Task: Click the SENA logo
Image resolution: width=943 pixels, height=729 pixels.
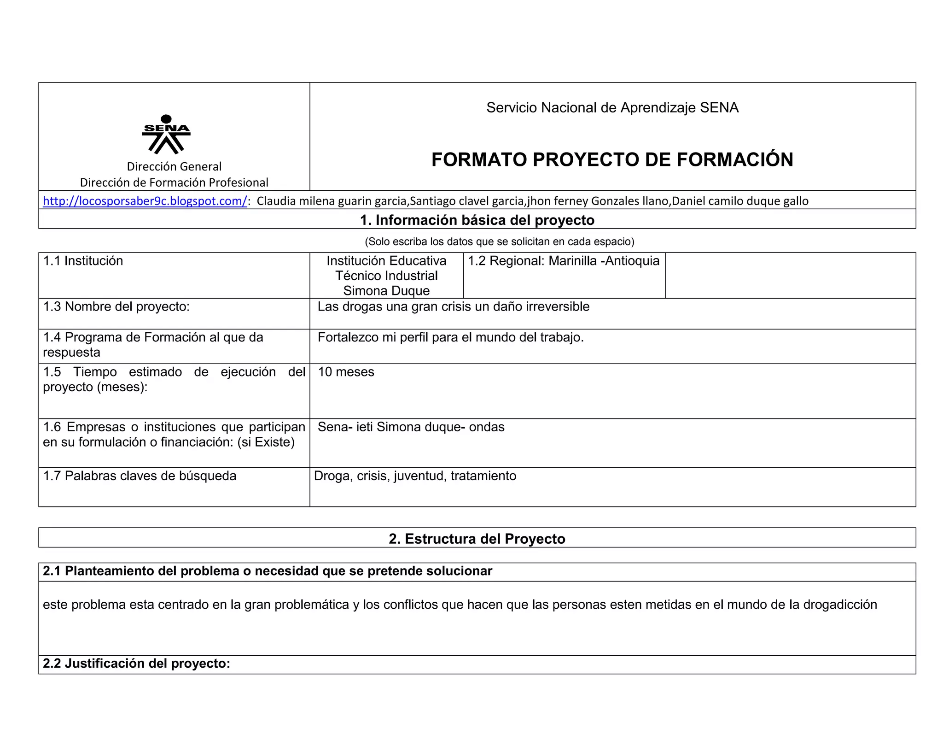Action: pyautogui.click(x=166, y=134)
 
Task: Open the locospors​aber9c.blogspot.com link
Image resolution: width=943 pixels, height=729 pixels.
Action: pyautogui.click(x=145, y=201)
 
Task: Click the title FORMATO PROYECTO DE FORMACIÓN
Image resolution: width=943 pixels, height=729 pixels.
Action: pyautogui.click(x=612, y=159)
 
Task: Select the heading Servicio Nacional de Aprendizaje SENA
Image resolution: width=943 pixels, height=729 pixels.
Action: pyautogui.click(x=612, y=107)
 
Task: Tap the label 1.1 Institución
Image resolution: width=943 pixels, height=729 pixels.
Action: pyautogui.click(x=83, y=261)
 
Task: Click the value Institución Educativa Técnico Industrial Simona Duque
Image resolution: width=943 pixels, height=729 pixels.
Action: pyautogui.click(x=386, y=276)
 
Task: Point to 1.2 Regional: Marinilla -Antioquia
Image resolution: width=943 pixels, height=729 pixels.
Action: pyautogui.click(x=564, y=261)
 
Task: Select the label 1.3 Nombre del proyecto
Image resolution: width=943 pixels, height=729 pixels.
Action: pyautogui.click(x=116, y=306)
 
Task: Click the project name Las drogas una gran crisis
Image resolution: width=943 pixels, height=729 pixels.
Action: pyautogui.click(x=453, y=306)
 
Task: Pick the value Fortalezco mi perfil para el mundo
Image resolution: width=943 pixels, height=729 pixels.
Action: pyautogui.click(x=450, y=337)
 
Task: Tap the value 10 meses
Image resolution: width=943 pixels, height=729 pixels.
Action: pyautogui.click(x=346, y=372)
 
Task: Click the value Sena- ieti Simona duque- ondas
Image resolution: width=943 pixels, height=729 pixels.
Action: pyautogui.click(x=411, y=427)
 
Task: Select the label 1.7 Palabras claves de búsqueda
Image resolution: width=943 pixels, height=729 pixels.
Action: pyautogui.click(x=140, y=476)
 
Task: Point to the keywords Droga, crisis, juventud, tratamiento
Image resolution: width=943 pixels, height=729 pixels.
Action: pyautogui.click(x=415, y=476)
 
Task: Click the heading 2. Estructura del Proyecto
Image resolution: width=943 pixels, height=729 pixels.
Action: pyautogui.click(x=477, y=539)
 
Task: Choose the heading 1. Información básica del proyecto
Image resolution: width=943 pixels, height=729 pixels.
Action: pyautogui.click(x=477, y=220)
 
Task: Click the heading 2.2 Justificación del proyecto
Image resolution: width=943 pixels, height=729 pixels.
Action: pyautogui.click(x=136, y=663)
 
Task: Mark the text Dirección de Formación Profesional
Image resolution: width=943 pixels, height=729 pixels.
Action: pyautogui.click(x=174, y=182)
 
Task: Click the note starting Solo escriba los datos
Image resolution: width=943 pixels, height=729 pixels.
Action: pyautogui.click(x=499, y=241)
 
